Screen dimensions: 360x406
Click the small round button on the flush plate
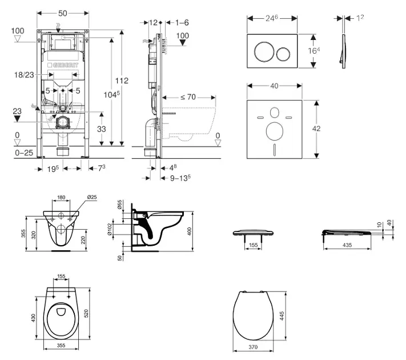click(284, 53)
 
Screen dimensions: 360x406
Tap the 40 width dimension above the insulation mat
click(275, 86)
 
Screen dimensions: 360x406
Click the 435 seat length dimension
click(347, 245)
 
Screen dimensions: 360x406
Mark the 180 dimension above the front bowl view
click(61, 198)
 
